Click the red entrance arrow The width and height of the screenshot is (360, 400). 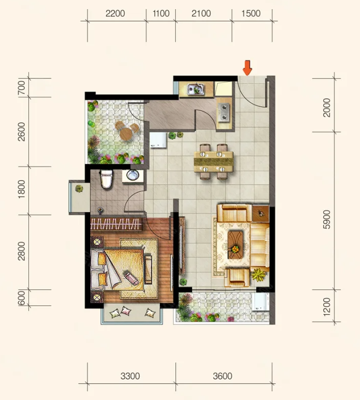[x=247, y=68]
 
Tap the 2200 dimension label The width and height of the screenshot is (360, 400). [x=115, y=14]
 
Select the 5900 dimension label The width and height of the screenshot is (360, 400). [x=326, y=219]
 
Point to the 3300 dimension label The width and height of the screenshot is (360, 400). [x=130, y=376]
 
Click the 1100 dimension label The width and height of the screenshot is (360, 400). [x=161, y=14]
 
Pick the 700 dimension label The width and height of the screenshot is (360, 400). [x=22, y=88]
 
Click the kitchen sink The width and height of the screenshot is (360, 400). [x=196, y=89]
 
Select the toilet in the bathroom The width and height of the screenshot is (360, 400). [x=107, y=179]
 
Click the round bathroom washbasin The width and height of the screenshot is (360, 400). [x=132, y=175]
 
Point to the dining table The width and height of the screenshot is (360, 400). [x=214, y=162]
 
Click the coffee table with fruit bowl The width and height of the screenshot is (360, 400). [x=235, y=245]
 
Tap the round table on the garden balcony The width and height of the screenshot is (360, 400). [x=126, y=133]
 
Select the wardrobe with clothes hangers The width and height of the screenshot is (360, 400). [x=116, y=224]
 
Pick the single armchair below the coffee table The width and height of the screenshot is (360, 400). [x=237, y=277]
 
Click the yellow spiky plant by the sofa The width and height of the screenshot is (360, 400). [x=259, y=275]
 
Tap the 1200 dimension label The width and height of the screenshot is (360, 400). [x=326, y=307]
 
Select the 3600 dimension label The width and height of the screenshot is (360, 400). [x=223, y=376]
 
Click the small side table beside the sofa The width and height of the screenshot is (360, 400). [x=261, y=213]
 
